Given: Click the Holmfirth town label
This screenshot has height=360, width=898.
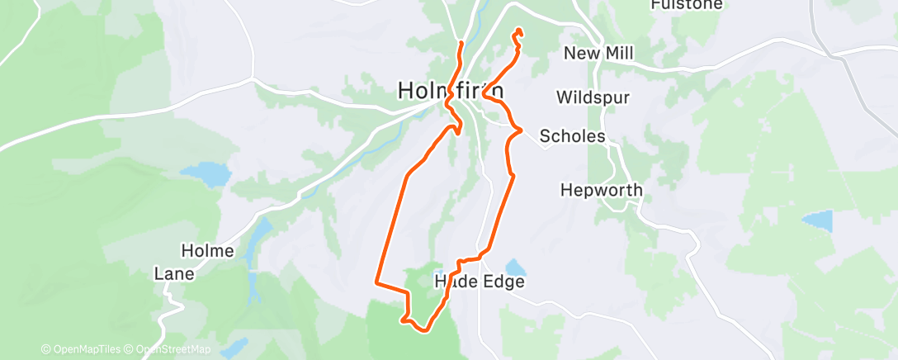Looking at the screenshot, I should [450, 89].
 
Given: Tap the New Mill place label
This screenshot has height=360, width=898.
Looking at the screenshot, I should [598, 54].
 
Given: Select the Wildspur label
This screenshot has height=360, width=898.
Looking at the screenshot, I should [593, 97].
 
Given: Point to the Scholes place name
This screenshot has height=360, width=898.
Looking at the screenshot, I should [572, 136].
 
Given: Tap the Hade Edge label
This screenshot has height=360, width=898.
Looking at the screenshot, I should [480, 282].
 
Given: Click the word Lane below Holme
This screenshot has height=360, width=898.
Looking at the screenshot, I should [174, 273].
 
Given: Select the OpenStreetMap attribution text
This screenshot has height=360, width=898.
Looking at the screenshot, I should [172, 349].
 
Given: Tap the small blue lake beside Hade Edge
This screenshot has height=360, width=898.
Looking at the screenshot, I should [515, 268].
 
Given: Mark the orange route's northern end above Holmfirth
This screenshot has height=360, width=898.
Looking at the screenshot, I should [461, 42].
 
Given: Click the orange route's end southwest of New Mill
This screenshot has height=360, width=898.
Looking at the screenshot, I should [518, 31].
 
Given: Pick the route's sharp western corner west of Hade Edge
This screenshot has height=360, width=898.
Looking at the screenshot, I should [377, 282].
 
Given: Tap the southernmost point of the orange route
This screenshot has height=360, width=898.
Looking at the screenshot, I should [424, 330].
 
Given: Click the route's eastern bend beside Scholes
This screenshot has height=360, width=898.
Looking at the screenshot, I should [520, 129].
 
